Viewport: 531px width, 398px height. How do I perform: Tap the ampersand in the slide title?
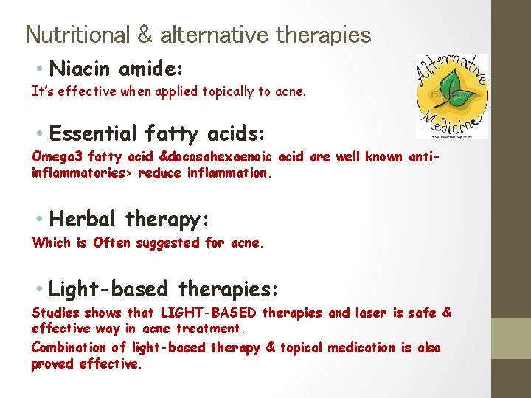click(x=145, y=35)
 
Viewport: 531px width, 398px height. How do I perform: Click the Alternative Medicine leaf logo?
click(x=451, y=96)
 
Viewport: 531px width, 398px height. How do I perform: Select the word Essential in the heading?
click(x=93, y=134)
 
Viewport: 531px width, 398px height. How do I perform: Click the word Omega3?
click(x=58, y=156)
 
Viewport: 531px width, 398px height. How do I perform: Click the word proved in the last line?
click(x=52, y=363)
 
